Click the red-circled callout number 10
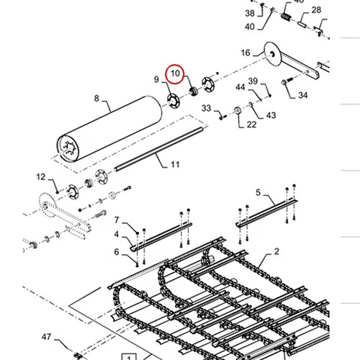point(175,73)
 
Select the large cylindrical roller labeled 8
point(109,129)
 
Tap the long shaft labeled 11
point(159,149)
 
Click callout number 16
point(246,53)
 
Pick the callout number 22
point(251,125)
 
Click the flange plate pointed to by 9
point(174,101)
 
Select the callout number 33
point(206,108)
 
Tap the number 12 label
point(41,177)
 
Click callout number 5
point(258,192)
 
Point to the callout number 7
point(117,220)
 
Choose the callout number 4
point(117,234)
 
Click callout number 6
point(117,252)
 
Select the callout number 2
point(276,251)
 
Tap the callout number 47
point(46,337)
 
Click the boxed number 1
point(129,358)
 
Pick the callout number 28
point(316,10)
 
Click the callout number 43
point(271,115)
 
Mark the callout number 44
point(240,87)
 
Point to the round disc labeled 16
point(272,54)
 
